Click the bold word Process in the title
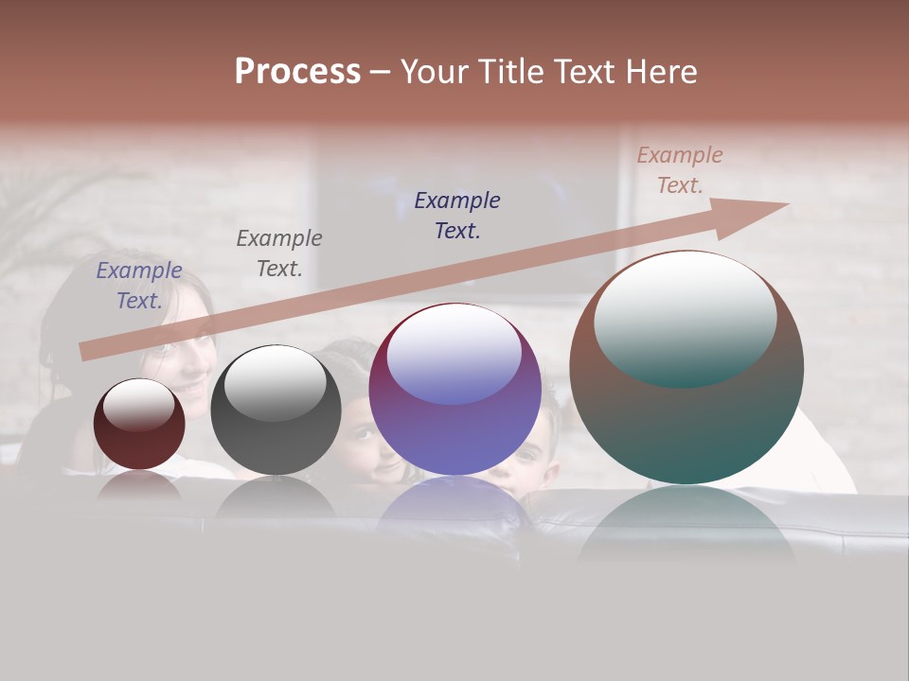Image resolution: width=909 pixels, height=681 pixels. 297,71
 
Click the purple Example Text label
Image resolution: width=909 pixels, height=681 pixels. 139,286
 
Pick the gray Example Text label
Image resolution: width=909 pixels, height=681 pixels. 279,253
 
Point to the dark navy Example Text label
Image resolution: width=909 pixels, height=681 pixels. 457,216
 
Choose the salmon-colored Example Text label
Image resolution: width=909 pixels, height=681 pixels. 680,170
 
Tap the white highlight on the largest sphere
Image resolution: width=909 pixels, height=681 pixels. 686,317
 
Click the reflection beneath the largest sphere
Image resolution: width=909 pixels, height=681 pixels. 686,525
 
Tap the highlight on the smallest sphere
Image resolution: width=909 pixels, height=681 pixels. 138,405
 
